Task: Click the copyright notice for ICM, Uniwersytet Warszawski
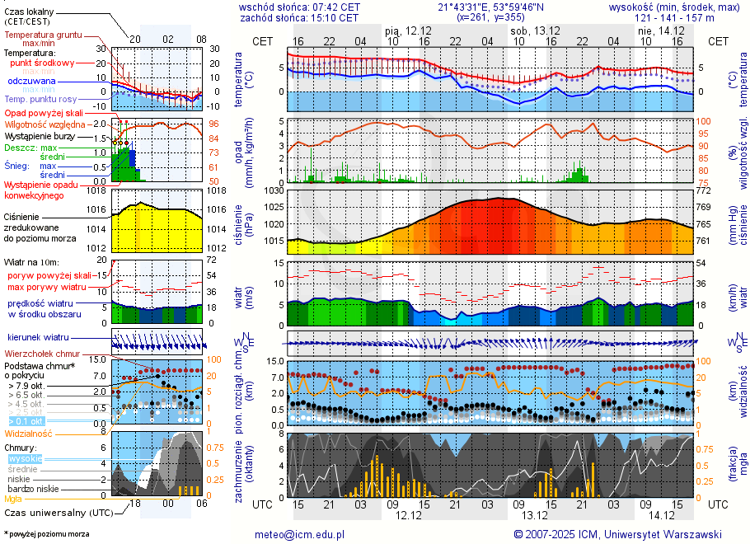[618, 534]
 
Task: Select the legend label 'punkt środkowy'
[42, 63]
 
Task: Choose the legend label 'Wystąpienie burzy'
[40, 135]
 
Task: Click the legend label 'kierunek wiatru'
[38, 338]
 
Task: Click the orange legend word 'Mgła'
[13, 499]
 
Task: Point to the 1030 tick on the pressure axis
[274, 190]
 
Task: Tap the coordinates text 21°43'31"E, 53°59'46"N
[490, 7]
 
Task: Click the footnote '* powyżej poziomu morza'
[46, 534]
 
